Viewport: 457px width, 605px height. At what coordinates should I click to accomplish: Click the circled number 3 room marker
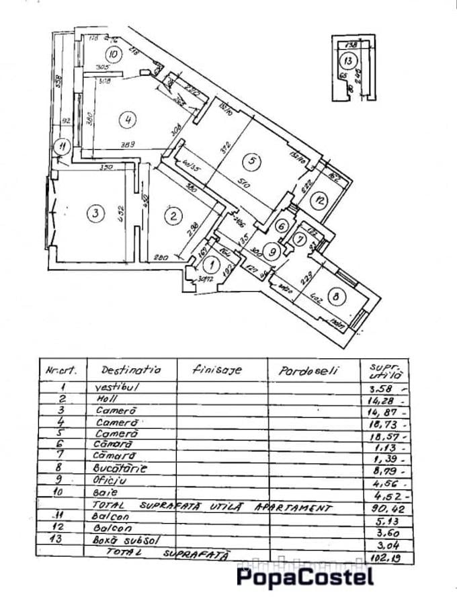(x=96, y=214)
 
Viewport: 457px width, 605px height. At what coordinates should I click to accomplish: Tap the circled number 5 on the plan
(x=251, y=161)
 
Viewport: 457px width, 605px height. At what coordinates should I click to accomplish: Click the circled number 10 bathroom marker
(x=114, y=54)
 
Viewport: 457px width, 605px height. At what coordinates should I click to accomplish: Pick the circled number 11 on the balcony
(x=62, y=145)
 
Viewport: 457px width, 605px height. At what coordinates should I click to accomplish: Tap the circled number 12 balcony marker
(x=321, y=199)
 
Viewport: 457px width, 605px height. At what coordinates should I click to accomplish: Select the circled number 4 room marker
(x=127, y=120)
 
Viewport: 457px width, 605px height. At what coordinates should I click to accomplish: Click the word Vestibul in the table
(x=117, y=387)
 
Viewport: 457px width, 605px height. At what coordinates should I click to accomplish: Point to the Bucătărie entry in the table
(x=121, y=468)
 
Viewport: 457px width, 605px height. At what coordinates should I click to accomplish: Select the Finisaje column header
(x=216, y=369)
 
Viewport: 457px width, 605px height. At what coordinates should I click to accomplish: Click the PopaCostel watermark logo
(x=304, y=577)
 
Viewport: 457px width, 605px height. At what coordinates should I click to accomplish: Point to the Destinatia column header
(x=131, y=369)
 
